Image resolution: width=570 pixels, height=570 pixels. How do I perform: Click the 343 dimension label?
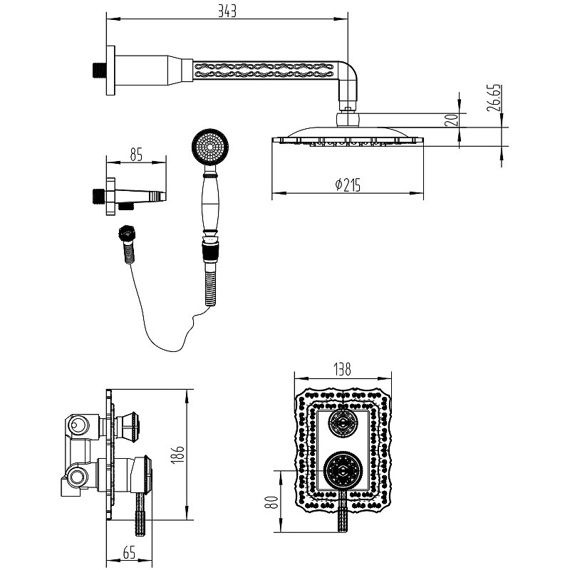(x=227, y=11)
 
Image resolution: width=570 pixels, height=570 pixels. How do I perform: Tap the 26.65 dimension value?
(x=494, y=98)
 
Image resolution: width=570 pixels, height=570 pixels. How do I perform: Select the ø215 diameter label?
(x=348, y=185)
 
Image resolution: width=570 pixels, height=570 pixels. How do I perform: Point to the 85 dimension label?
(x=136, y=155)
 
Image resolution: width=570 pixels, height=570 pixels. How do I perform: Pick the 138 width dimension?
(x=343, y=369)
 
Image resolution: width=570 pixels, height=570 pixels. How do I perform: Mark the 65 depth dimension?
(x=130, y=553)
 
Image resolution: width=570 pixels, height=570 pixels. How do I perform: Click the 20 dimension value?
(x=451, y=120)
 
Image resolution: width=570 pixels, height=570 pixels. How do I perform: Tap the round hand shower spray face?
(x=210, y=147)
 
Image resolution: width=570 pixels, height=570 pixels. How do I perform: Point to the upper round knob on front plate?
(x=343, y=423)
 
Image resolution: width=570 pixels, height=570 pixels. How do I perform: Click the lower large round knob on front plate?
(x=343, y=470)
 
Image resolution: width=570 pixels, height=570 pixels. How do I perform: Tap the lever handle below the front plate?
(x=343, y=511)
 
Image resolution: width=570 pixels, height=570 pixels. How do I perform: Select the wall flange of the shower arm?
(x=110, y=71)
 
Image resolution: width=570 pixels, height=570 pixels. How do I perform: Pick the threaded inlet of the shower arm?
(x=98, y=71)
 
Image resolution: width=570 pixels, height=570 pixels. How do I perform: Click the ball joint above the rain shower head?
(x=348, y=119)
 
